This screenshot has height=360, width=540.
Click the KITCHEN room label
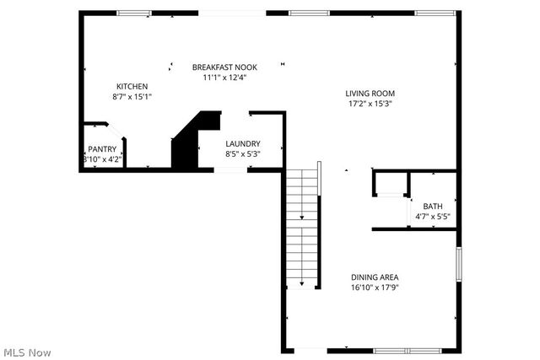[132, 86]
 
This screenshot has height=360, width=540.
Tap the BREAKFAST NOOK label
[224, 67]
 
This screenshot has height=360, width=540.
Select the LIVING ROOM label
[370, 94]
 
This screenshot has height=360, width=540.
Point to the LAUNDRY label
[242, 144]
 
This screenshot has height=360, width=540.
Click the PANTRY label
[102, 149]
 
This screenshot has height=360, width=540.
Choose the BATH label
[432, 207]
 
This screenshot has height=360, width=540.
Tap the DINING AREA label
[375, 277]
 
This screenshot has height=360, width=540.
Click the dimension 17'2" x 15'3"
[370, 104]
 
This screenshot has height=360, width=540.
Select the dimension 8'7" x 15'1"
[132, 96]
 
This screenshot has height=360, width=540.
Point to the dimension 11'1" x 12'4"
[224, 78]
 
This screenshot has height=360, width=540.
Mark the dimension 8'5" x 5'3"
[242, 154]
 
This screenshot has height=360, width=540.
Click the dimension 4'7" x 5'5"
[432, 217]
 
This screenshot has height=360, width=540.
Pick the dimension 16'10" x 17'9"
[375, 287]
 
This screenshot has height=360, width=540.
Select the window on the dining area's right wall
[458, 263]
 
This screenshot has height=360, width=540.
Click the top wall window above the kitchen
[133, 13]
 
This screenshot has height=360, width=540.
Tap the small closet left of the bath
[389, 183]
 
